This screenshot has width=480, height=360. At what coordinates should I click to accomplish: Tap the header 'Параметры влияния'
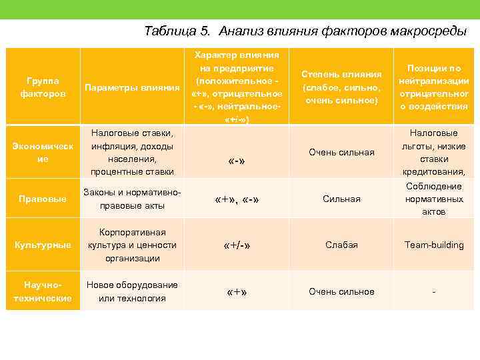point(133,87)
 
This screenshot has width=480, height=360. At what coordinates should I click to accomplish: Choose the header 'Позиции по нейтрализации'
point(434,87)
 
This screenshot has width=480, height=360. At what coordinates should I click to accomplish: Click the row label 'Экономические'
point(43,153)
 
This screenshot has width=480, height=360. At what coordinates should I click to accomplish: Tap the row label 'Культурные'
point(43,245)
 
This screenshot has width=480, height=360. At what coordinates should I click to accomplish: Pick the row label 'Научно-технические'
point(43,291)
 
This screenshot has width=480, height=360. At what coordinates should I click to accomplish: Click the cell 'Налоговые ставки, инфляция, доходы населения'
point(133,153)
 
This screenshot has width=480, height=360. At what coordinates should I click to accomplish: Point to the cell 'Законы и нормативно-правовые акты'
point(133,199)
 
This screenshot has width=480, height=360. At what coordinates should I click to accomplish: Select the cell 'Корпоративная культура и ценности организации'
point(133,245)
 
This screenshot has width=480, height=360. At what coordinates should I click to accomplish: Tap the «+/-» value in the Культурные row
point(237,245)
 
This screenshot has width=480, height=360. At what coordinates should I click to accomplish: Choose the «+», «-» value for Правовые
point(237,199)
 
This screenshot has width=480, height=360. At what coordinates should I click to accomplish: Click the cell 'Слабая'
point(341,245)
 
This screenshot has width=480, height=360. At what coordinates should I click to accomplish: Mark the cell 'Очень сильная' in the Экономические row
point(341,153)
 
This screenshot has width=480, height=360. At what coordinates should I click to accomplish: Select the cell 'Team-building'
point(434,245)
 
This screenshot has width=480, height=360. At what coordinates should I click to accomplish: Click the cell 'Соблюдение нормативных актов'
point(434,199)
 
